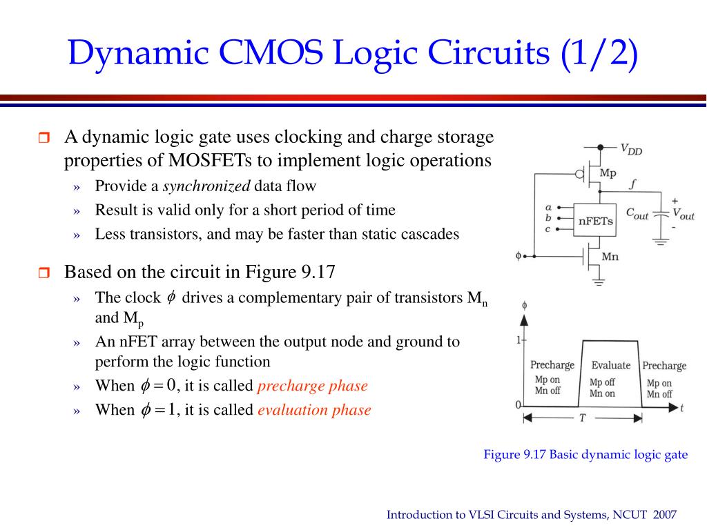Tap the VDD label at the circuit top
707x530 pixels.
point(630,150)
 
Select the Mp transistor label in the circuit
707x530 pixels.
point(608,173)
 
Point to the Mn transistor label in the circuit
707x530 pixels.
point(610,257)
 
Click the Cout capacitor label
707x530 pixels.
point(637,215)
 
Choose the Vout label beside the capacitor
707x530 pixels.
point(683,215)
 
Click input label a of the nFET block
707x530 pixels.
point(548,207)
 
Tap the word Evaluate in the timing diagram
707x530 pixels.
point(610,365)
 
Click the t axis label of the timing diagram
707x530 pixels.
point(681,408)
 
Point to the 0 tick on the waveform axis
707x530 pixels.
point(518,405)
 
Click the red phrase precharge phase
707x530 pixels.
point(312,386)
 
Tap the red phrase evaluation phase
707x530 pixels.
point(314,410)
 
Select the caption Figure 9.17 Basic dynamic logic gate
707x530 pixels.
point(585,454)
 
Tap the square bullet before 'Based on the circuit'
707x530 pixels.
point(43,273)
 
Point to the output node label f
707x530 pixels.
point(633,184)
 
